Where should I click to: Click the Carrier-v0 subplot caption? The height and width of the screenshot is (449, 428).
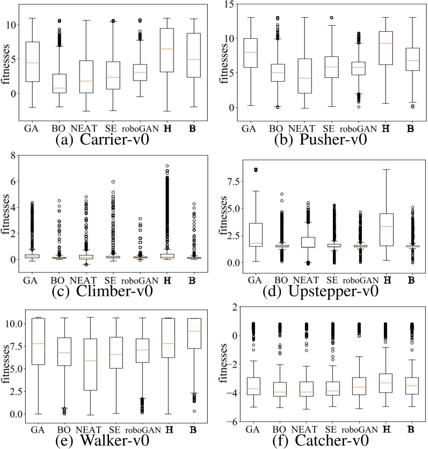[102, 141]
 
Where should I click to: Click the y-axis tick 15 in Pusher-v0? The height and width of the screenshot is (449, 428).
[229, 4]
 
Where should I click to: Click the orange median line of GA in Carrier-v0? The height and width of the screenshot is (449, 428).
[32, 63]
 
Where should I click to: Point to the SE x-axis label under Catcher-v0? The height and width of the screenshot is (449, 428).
[330, 429]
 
